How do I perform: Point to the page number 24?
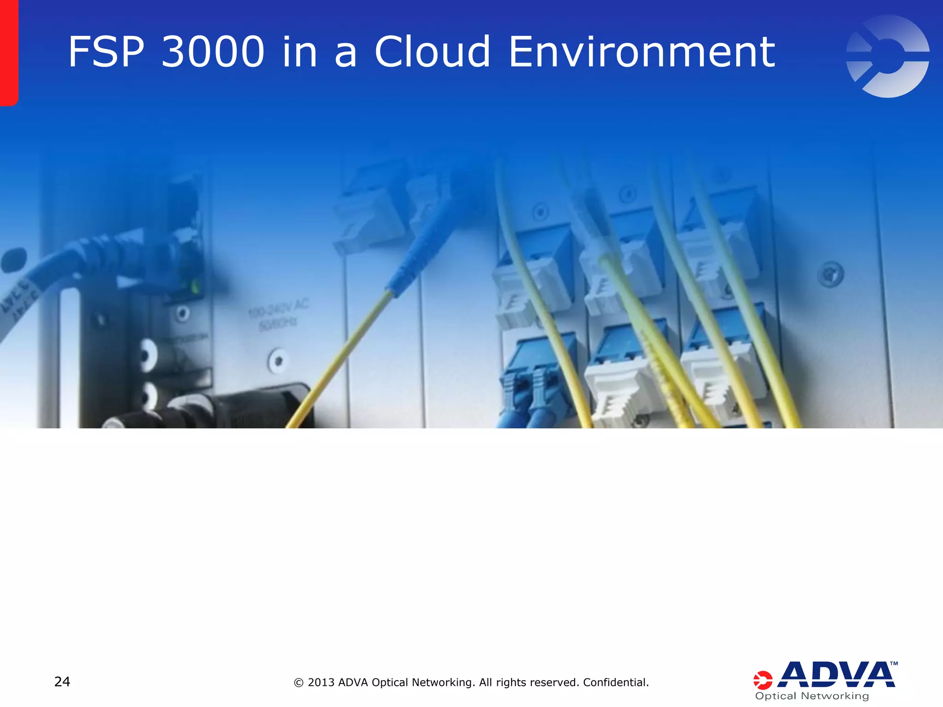(62, 682)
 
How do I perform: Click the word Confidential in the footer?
(615, 682)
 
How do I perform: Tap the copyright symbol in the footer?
(298, 683)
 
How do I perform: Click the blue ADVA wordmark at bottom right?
(836, 675)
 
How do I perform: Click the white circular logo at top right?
(887, 56)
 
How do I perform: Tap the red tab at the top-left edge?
(8, 53)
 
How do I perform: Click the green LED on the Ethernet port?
(195, 288)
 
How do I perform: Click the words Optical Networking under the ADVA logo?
(812, 696)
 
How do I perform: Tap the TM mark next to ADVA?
(894, 664)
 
